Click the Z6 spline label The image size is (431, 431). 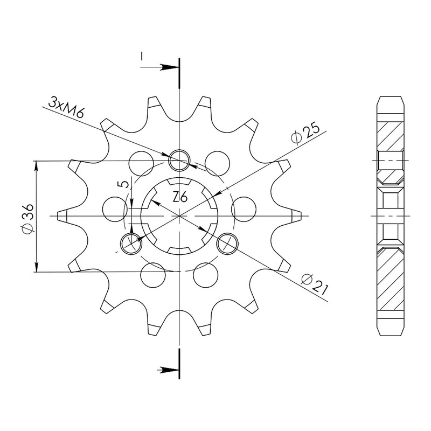[x=180, y=197]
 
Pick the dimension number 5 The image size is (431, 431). [x=125, y=184]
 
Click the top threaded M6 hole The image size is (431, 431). [x=179, y=160]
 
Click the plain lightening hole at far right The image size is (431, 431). [x=244, y=209]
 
